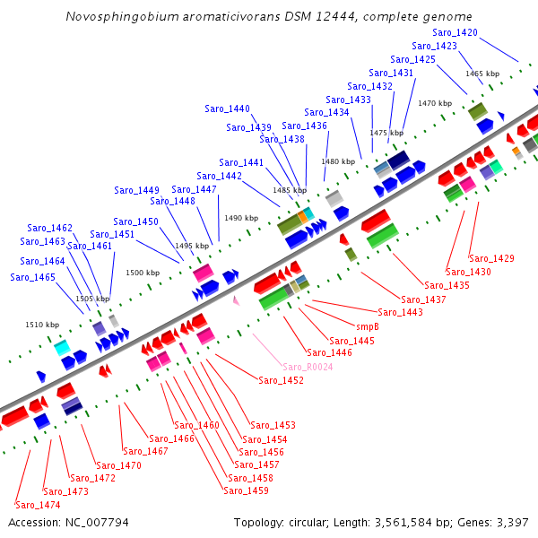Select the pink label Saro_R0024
[308, 367]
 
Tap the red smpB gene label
[368, 326]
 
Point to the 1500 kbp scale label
[143, 273]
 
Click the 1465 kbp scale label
[482, 74]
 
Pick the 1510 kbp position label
[42, 325]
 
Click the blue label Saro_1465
[33, 277]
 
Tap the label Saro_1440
[227, 108]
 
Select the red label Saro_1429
[491, 258]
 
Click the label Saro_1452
[281, 380]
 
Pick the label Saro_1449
[136, 190]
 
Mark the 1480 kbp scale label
[338, 161]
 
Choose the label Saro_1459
[246, 490]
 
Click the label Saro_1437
[423, 299]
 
